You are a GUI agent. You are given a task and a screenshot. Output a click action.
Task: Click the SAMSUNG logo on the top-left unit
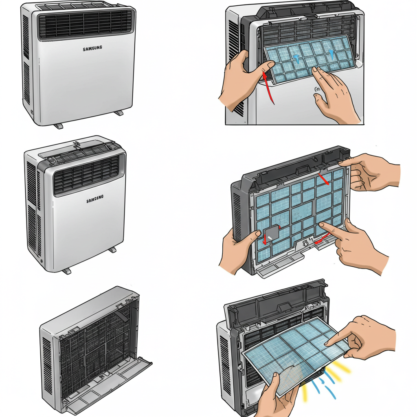click(x=92, y=48)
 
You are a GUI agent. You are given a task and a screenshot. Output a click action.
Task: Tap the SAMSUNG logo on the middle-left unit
click(x=95, y=200)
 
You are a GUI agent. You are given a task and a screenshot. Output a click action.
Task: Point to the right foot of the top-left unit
click(x=118, y=112)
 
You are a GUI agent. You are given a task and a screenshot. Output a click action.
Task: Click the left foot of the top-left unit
click(x=58, y=126)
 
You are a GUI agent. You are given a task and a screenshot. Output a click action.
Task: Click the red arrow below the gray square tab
click(x=265, y=241)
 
